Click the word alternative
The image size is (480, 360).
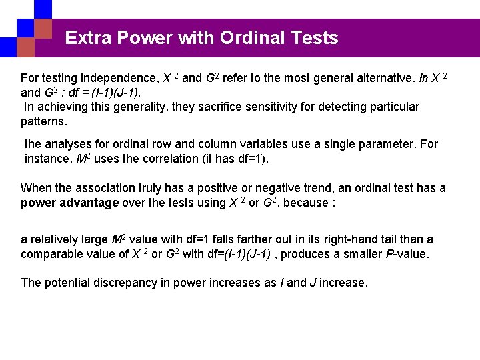[379, 78]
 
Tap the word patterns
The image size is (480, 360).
[43, 122]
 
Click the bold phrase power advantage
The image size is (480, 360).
[70, 203]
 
